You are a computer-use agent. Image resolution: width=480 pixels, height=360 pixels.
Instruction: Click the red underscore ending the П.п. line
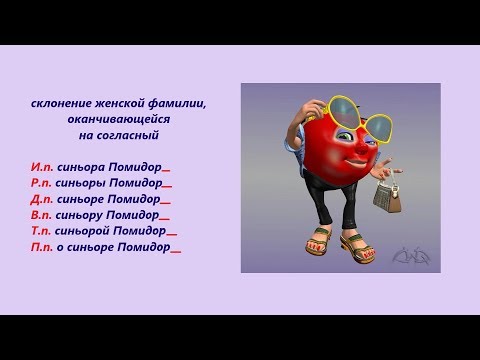click(x=176, y=250)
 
